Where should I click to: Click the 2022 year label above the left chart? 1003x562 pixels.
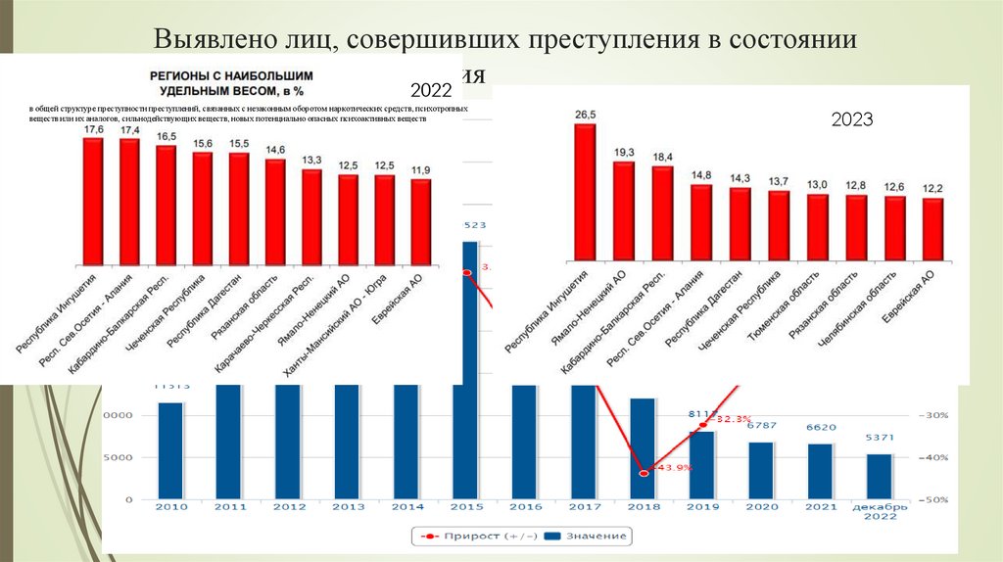[x=431, y=90]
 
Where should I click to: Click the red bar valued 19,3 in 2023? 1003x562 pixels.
[x=624, y=211]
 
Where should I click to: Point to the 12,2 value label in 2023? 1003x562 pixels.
[x=932, y=188]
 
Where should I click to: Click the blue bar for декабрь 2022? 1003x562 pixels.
[x=880, y=476]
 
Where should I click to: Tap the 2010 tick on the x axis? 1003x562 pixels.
[x=170, y=507]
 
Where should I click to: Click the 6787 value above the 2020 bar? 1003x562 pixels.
[x=761, y=425]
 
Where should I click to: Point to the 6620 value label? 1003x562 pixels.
[x=820, y=427]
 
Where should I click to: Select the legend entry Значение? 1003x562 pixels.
[x=585, y=537]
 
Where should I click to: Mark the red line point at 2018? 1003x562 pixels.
[x=644, y=473]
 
